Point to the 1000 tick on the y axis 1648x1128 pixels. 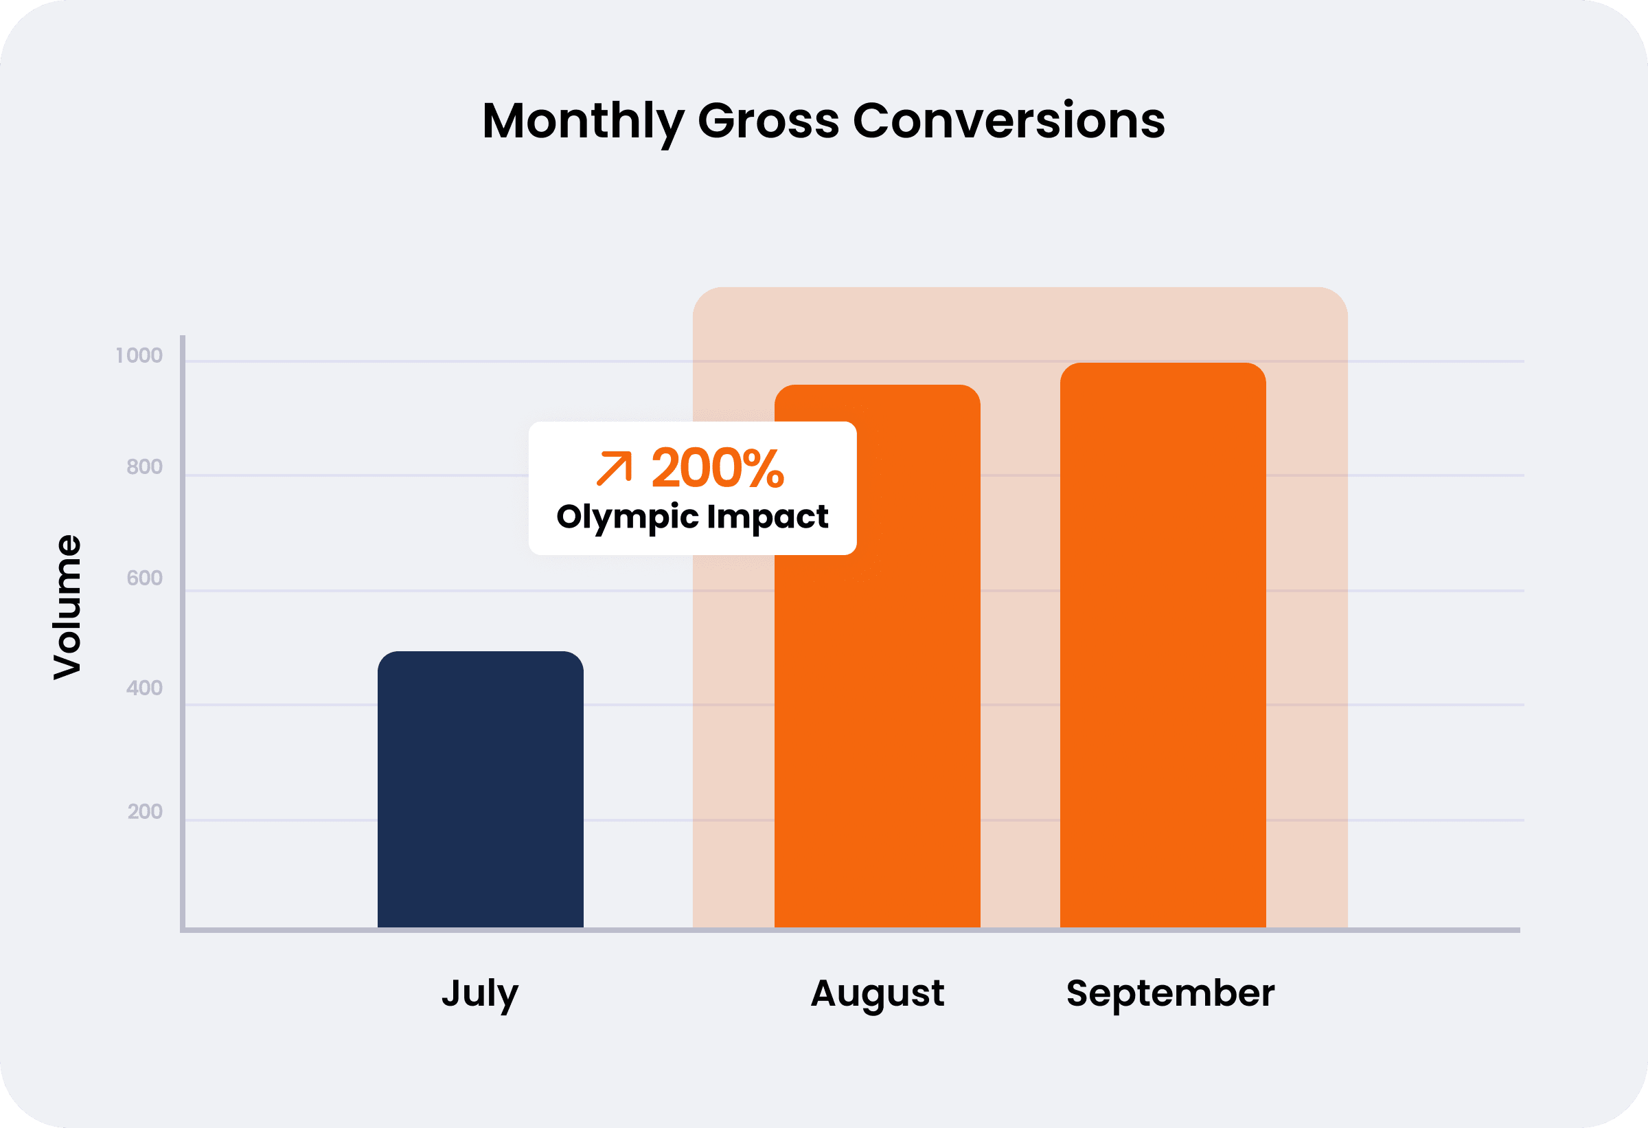coord(139,355)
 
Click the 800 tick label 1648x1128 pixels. coord(145,467)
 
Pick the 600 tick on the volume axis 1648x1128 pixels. coord(145,578)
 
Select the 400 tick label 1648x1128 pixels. coord(145,688)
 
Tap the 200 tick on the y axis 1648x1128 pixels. coord(146,811)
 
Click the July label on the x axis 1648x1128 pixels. coord(480,993)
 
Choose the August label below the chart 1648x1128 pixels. coord(877,993)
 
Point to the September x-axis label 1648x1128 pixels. coord(1170,993)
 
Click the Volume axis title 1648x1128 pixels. coord(68,607)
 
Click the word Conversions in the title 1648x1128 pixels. coord(1009,121)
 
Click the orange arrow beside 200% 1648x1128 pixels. coord(614,469)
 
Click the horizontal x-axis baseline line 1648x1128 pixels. coord(851,930)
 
